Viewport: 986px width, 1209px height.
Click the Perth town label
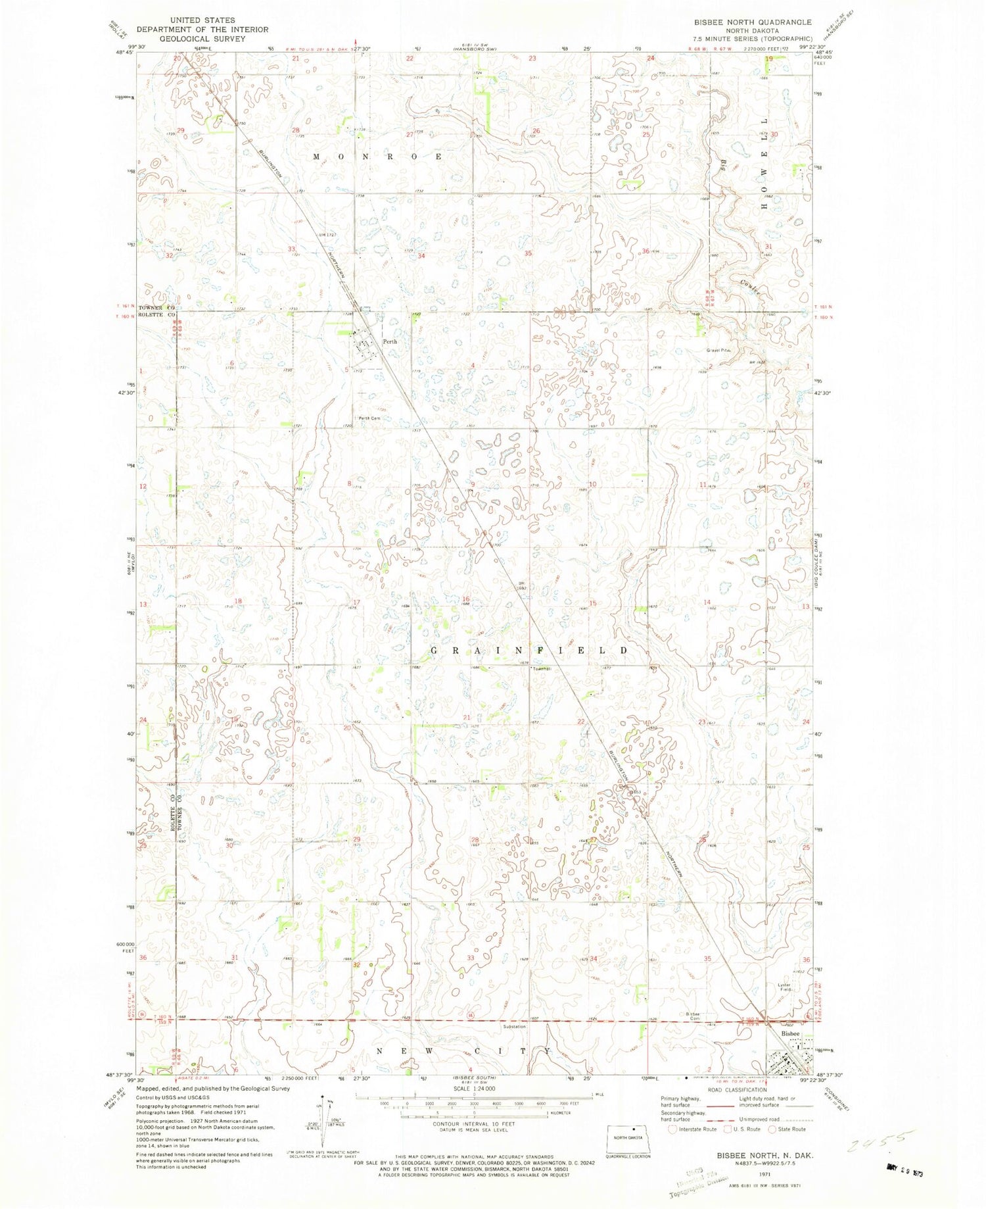click(x=390, y=341)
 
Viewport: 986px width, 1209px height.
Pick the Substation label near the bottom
click(x=515, y=1027)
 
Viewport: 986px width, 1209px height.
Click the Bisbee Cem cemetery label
click(x=690, y=1016)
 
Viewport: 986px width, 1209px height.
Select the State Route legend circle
click(x=772, y=1129)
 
